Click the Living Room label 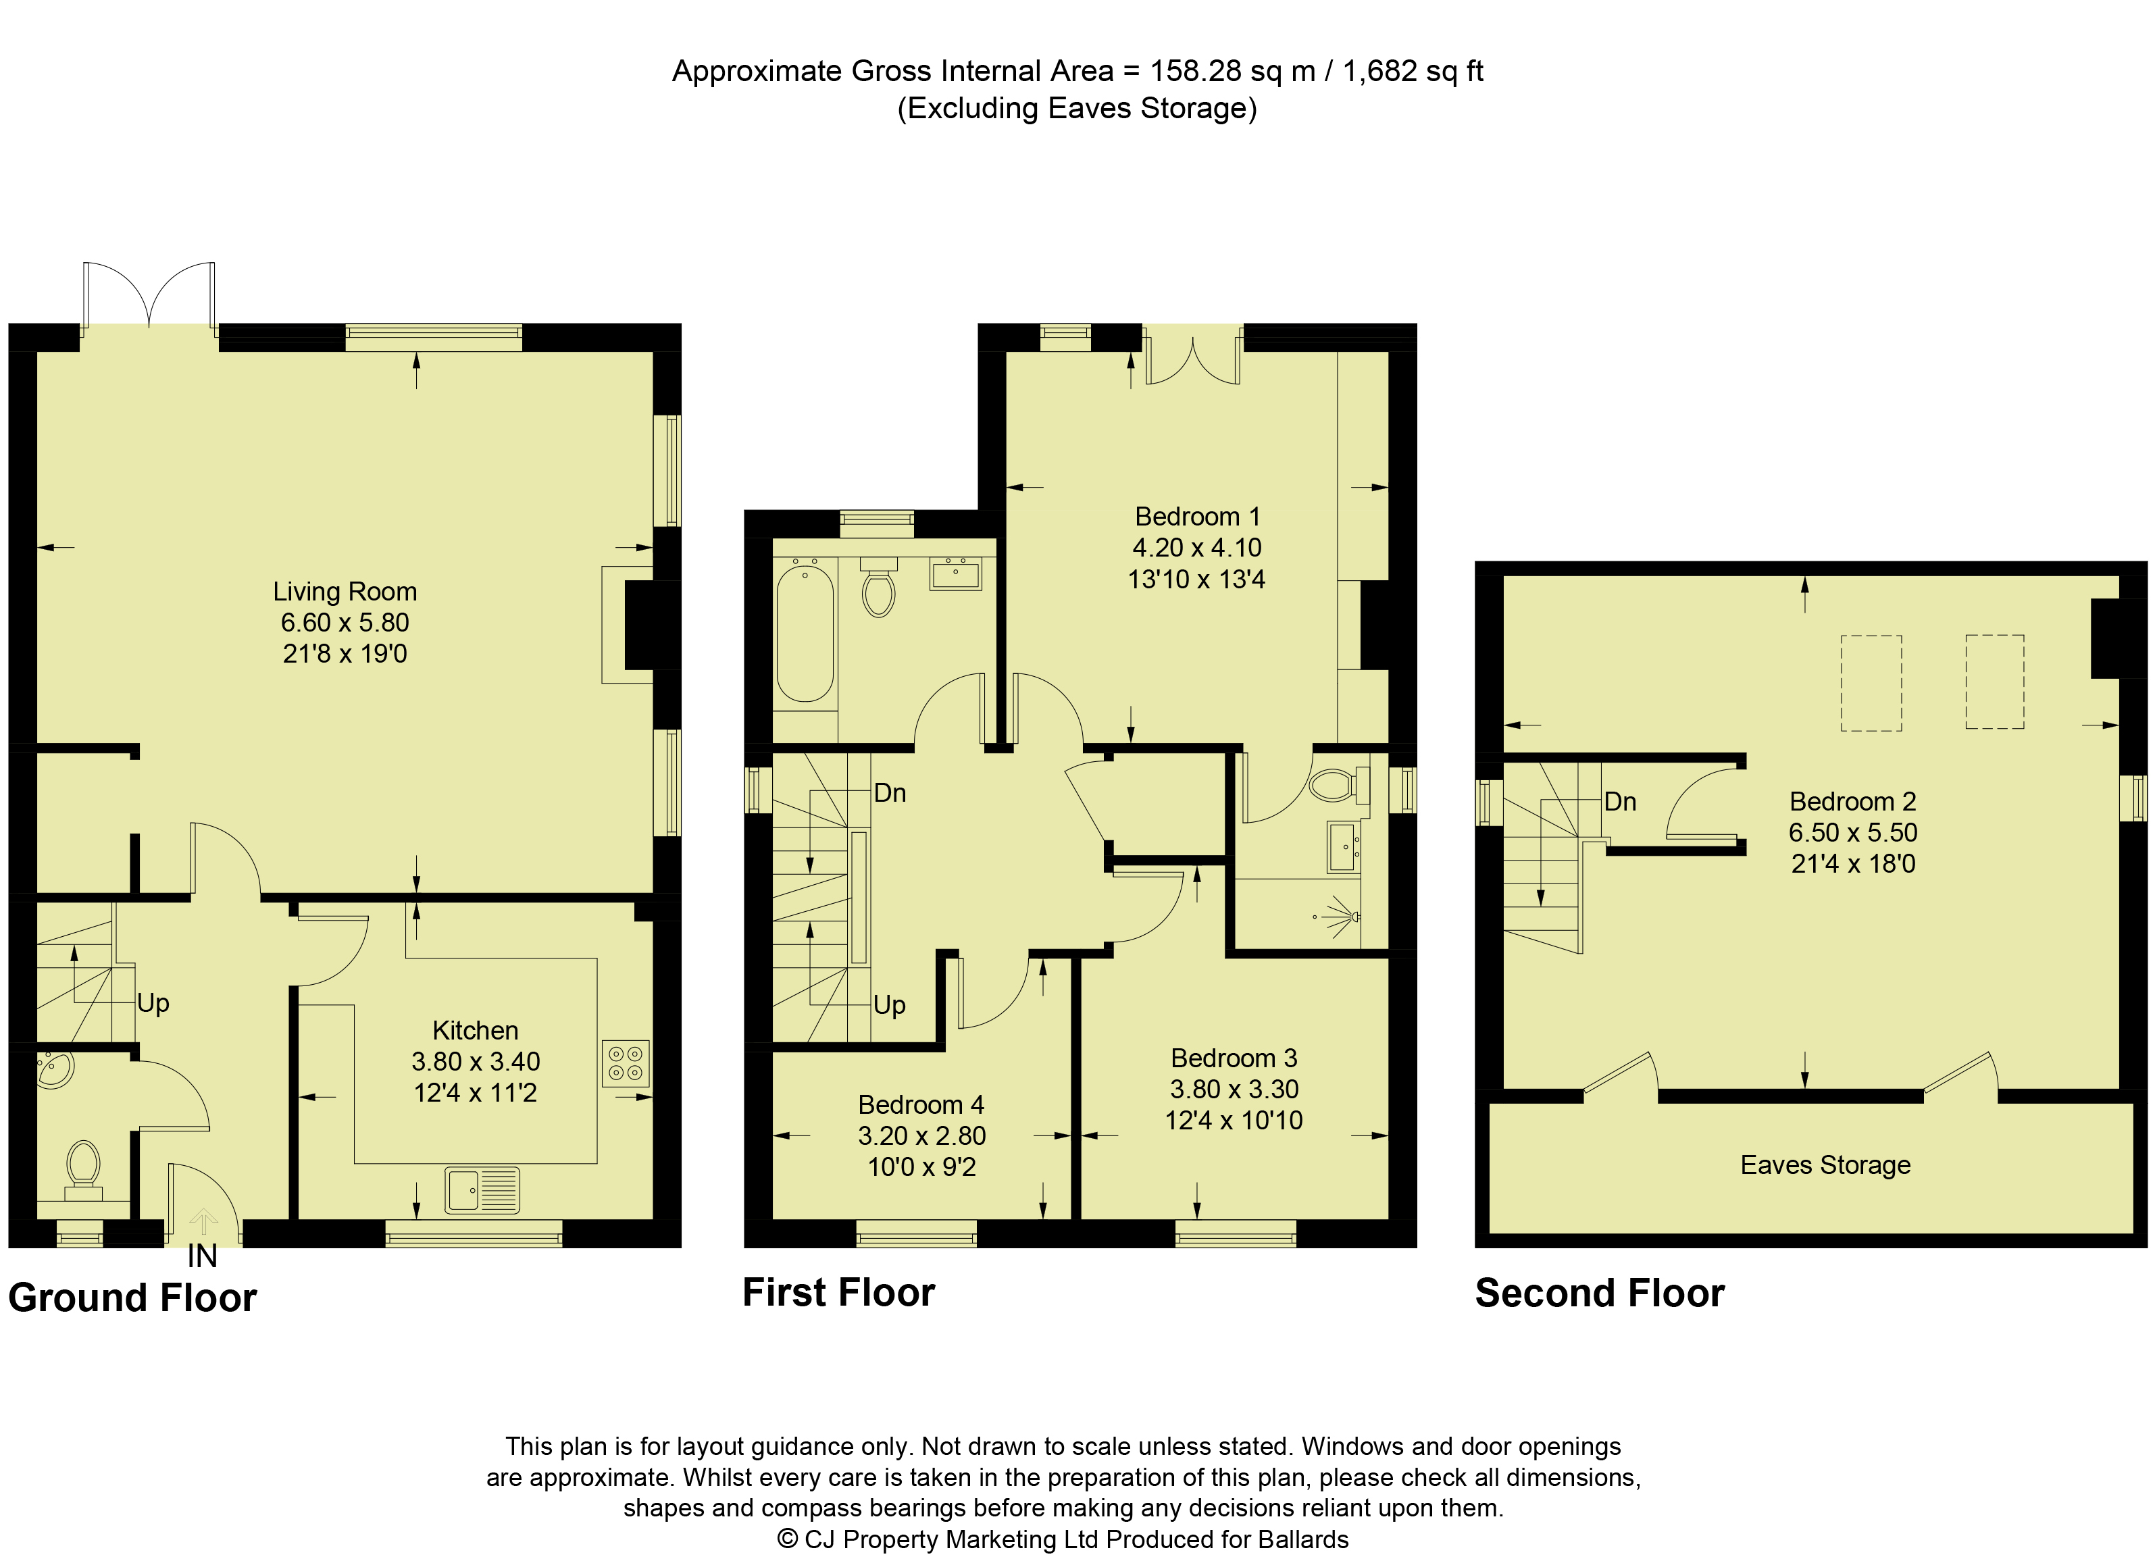pos(345,591)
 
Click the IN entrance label pos(203,1256)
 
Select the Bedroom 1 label pos(1197,517)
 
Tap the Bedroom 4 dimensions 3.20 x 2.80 pos(921,1135)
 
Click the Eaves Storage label pos(1825,1165)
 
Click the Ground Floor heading pos(132,1298)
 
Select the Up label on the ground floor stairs pos(153,1003)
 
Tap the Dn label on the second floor pos(1620,802)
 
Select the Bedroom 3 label pos(1234,1058)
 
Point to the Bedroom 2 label pos(1853,801)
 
